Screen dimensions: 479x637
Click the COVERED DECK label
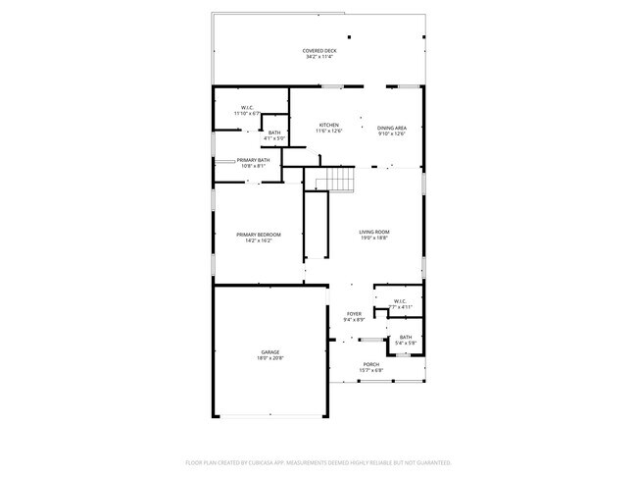319,50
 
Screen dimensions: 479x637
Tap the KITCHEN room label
329,126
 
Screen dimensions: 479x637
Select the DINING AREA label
392,126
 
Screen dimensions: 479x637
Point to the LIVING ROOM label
373,232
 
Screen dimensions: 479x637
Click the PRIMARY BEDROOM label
259,234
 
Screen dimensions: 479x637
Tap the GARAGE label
270,351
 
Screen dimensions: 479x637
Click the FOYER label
354,314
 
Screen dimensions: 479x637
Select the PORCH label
371,364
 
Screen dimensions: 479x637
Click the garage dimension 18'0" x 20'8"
270,357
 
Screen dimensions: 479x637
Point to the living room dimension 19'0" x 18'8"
373,238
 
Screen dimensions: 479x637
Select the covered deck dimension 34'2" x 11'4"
319,57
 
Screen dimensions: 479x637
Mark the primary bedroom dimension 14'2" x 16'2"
259,239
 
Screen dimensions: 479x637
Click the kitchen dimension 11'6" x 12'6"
329,133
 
